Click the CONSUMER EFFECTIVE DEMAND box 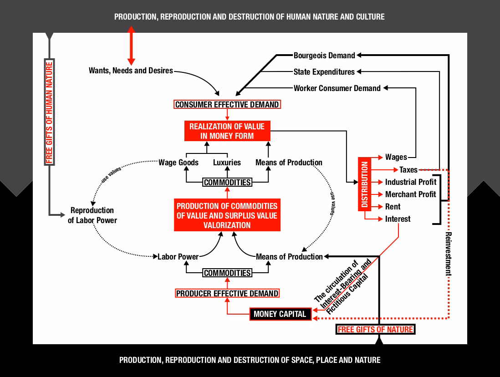click(x=227, y=104)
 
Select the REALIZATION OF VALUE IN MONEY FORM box click(x=227, y=131)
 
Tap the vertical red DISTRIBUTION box click(x=364, y=184)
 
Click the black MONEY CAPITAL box click(x=280, y=314)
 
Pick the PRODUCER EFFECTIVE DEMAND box click(x=227, y=293)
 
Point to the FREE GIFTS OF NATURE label click(x=375, y=329)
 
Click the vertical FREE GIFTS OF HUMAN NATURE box click(x=49, y=112)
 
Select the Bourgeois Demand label click(x=324, y=56)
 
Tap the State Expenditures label click(x=324, y=72)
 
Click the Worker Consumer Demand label click(x=337, y=88)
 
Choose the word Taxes click(x=408, y=170)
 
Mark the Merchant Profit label click(x=410, y=194)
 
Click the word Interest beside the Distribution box click(x=398, y=219)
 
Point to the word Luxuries click(x=227, y=163)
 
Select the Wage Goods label click(x=178, y=163)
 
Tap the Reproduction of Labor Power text click(x=92, y=215)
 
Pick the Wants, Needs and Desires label click(x=131, y=71)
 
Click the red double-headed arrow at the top click(x=131, y=46)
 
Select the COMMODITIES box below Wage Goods click(x=227, y=183)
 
